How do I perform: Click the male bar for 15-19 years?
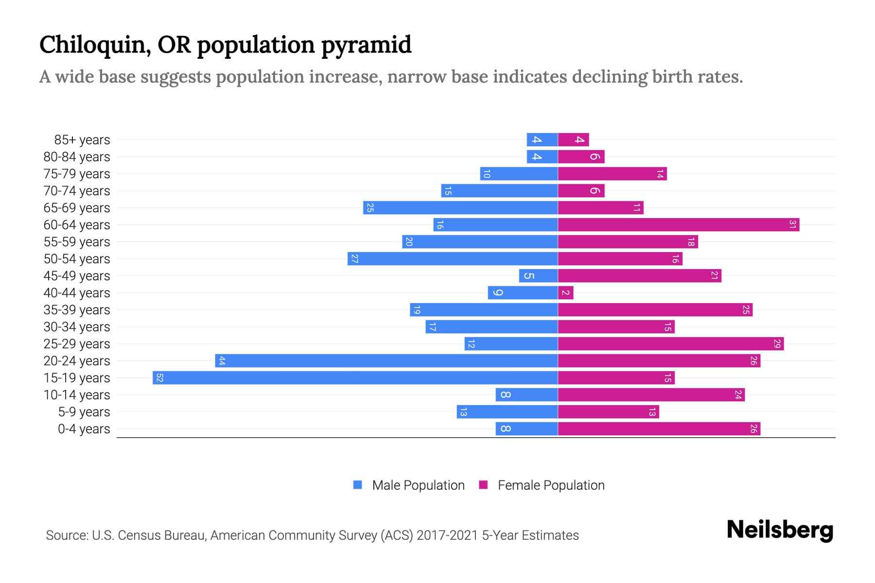click(355, 377)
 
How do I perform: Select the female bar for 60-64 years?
click(679, 224)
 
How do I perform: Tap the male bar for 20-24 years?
click(386, 360)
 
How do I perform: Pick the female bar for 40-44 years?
click(566, 292)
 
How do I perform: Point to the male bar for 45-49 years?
click(539, 275)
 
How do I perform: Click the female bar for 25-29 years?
click(671, 343)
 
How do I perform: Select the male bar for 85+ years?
click(542, 139)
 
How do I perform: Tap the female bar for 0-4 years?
click(659, 429)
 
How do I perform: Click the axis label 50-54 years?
click(77, 259)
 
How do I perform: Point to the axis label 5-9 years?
click(84, 412)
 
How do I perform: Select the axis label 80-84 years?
click(77, 157)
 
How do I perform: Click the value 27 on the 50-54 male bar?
click(354, 258)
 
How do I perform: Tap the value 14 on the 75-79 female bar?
click(660, 174)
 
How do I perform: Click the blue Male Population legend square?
click(358, 485)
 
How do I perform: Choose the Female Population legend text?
click(551, 485)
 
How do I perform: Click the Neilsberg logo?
click(780, 530)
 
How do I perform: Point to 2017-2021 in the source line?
click(447, 535)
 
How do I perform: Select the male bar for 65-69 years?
click(460, 207)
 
